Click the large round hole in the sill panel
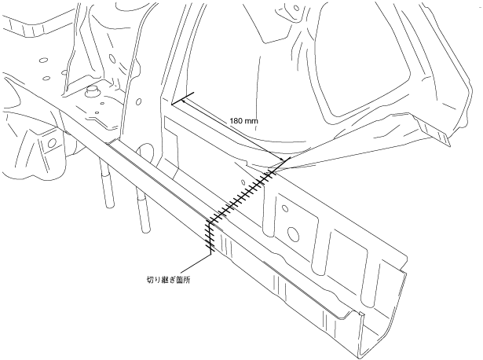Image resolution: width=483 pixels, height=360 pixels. tap(295, 234)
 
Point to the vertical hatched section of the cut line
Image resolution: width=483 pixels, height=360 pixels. tap(210, 236)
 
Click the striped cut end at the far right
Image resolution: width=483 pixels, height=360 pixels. tap(443, 137)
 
